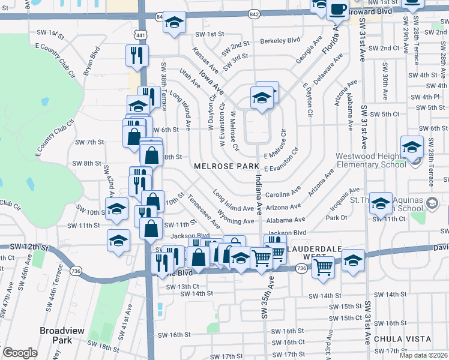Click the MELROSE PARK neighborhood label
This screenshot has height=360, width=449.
point(226,166)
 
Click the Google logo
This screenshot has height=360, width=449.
point(20,353)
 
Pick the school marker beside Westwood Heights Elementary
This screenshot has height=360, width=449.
point(412,146)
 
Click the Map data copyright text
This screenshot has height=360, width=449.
point(424,355)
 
